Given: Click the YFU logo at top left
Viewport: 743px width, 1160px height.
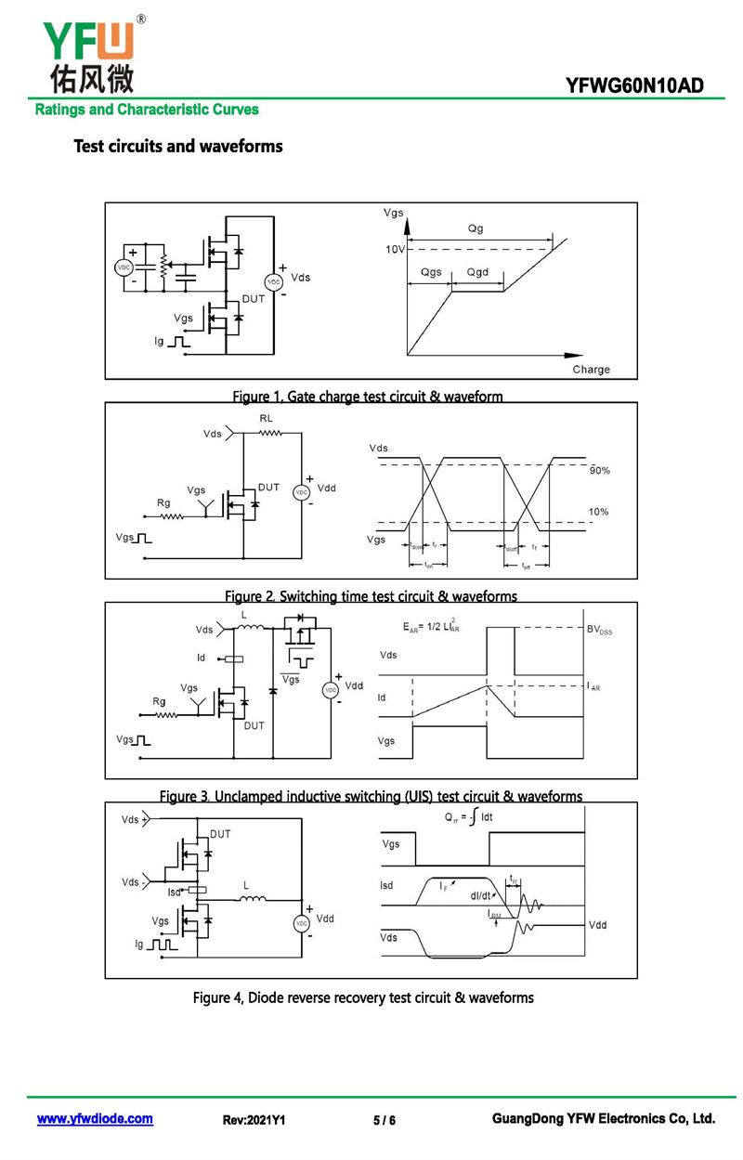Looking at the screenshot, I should coord(88,54).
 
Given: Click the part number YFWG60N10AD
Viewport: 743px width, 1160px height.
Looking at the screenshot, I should coord(634,86).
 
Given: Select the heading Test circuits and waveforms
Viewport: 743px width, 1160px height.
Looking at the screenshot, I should coord(177,146).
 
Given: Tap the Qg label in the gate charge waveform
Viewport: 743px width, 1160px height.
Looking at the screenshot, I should coord(476,228).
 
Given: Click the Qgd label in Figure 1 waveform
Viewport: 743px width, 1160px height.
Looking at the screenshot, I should coord(477,272).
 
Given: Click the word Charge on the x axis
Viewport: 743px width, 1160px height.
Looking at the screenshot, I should coord(591,369).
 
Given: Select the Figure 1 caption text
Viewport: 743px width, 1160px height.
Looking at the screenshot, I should coord(367,397).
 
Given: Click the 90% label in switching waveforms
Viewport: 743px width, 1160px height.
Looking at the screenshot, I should coord(600,471).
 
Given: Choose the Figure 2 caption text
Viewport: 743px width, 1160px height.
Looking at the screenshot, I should coord(371,596).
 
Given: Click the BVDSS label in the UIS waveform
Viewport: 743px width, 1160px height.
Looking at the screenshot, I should coord(600,631).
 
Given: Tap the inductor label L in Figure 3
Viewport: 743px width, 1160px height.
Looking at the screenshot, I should coord(244,616).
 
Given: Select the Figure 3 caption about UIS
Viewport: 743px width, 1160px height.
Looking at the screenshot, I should coord(371,797).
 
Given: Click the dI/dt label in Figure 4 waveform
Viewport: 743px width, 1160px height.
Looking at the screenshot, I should coord(481,896).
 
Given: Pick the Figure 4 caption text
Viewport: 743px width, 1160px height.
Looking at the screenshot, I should coord(363,997).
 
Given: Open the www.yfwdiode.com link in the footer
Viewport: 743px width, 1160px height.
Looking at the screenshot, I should coord(95,1119).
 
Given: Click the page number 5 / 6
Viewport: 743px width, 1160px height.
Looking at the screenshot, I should coord(385,1121).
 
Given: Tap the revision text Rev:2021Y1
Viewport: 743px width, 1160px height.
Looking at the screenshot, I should coord(254,1121).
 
